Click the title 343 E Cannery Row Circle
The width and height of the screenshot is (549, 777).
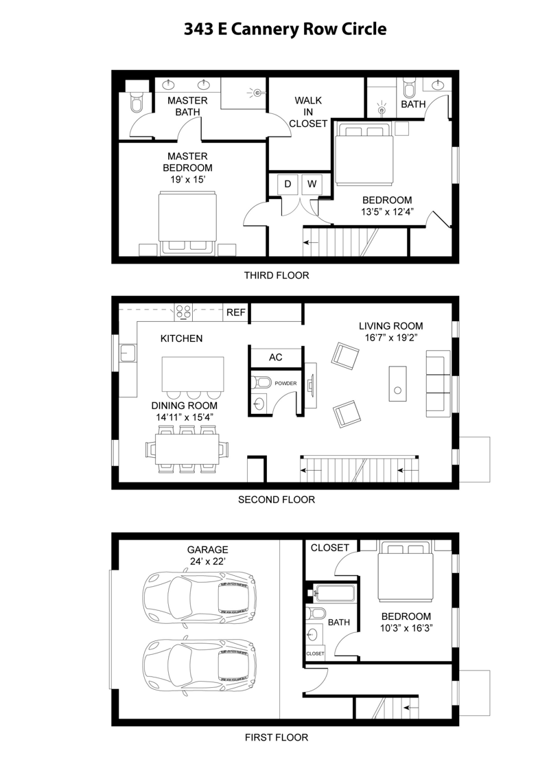tap(285, 30)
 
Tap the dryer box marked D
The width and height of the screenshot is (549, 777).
tap(288, 185)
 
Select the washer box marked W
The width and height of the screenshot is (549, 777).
tap(312, 185)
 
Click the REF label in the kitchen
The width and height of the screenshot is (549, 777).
tap(236, 313)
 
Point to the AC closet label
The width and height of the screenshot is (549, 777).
tap(275, 358)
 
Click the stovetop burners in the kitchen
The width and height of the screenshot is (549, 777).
tap(183, 312)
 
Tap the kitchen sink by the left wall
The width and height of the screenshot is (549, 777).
tap(128, 353)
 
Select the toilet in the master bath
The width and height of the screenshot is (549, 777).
tap(135, 102)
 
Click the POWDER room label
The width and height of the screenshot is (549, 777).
tap(286, 383)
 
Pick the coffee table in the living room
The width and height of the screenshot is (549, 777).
tap(397, 384)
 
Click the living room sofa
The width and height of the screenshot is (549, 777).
tap(438, 384)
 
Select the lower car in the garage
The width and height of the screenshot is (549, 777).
tap(199, 662)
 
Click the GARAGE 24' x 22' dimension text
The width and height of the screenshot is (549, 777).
tap(208, 555)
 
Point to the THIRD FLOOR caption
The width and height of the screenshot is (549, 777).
tap(277, 275)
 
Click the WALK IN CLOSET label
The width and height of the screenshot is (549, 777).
tap(308, 112)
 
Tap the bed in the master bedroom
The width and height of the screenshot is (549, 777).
tap(187, 224)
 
